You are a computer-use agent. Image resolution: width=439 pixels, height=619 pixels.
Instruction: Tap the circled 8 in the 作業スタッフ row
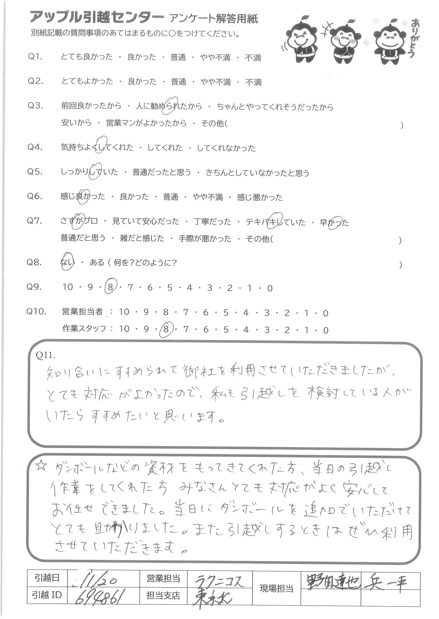point(166,329)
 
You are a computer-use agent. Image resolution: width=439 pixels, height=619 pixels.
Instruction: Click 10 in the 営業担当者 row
point(124,312)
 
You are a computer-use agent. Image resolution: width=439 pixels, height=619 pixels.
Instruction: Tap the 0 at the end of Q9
point(270,288)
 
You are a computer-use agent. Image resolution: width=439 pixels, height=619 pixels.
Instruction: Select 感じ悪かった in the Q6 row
point(260,198)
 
